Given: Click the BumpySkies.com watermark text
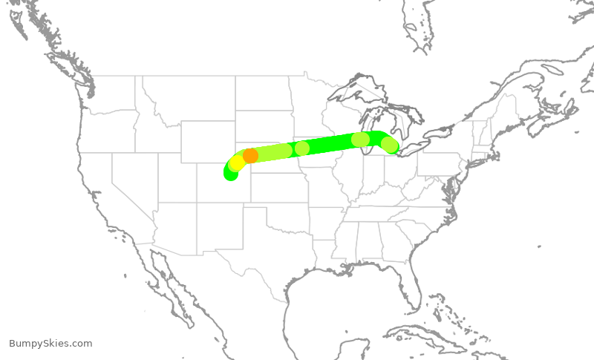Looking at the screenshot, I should pyautogui.click(x=50, y=343).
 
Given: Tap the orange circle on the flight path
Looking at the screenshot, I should pyautogui.click(x=251, y=155).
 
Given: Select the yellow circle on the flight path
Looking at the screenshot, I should pyautogui.click(x=237, y=163).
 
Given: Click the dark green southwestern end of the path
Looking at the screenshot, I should pyautogui.click(x=230, y=173).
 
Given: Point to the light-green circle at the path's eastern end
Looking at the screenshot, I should pyautogui.click(x=390, y=145).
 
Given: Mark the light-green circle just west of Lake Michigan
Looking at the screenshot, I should pyautogui.click(x=360, y=139).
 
